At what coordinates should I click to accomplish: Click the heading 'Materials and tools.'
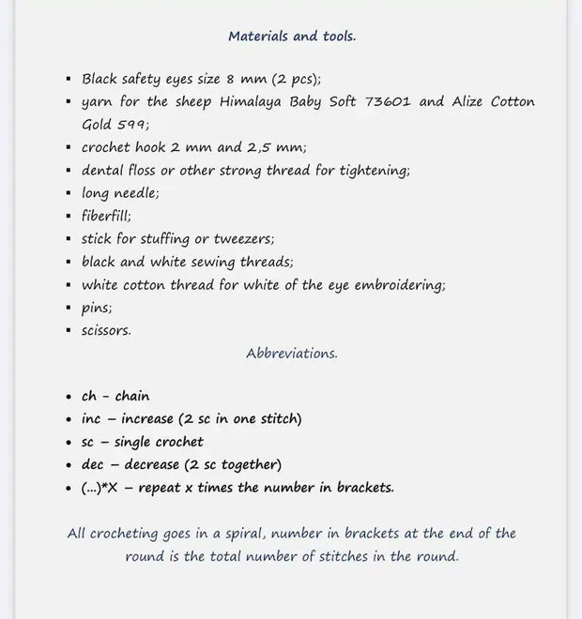click(291, 37)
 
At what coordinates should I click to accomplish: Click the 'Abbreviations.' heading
click(291, 354)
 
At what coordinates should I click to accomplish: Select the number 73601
click(383, 101)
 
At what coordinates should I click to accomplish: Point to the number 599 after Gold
click(134, 124)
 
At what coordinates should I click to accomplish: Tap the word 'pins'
click(97, 307)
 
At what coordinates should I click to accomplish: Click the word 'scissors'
click(106, 330)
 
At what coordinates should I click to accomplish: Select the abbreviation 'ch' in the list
click(89, 396)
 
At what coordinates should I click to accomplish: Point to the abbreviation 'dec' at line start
click(92, 464)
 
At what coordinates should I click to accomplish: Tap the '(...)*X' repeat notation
click(100, 487)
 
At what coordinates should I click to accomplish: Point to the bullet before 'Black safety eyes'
click(69, 80)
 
